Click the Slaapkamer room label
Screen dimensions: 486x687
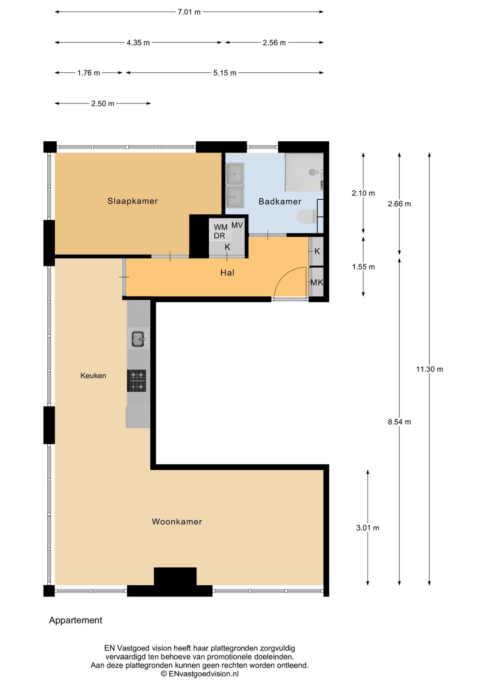pyautogui.click(x=133, y=201)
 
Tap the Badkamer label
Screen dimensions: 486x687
pyautogui.click(x=280, y=202)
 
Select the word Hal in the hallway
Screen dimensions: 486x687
pyautogui.click(x=227, y=273)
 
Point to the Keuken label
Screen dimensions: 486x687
pyautogui.click(x=93, y=375)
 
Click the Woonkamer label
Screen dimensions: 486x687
pyautogui.click(x=177, y=521)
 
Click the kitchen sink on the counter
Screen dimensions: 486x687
pyautogui.click(x=138, y=339)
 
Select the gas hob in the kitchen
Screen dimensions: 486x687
pyautogui.click(x=136, y=381)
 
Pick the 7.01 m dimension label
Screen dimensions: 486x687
pyautogui.click(x=189, y=12)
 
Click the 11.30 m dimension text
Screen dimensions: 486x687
pyautogui.click(x=430, y=369)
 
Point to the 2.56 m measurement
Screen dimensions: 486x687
pyautogui.click(x=274, y=43)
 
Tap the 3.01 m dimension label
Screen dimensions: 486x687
pyautogui.click(x=368, y=528)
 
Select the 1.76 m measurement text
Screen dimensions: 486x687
pyautogui.click(x=89, y=73)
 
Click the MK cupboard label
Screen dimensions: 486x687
pyautogui.click(x=317, y=282)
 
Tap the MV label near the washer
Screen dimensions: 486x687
pyautogui.click(x=237, y=225)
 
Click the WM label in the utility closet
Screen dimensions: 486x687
pyautogui.click(x=220, y=227)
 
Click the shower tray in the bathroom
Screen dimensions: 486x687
pyautogui.click(x=304, y=172)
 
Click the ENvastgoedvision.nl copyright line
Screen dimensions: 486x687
pyautogui.click(x=200, y=674)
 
